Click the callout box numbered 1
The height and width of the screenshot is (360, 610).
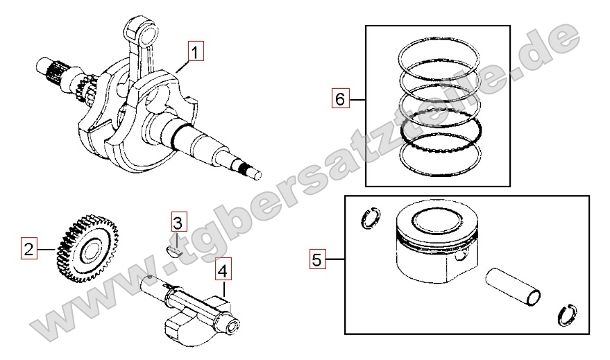click(x=196, y=52)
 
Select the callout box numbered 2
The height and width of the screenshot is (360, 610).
click(x=28, y=249)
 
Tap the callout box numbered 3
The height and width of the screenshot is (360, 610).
click(x=178, y=223)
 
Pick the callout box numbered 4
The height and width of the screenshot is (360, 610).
click(x=223, y=271)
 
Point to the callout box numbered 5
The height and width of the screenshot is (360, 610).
click(x=317, y=259)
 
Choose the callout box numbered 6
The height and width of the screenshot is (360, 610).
click(x=341, y=98)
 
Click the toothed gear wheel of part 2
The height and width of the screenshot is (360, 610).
click(x=87, y=248)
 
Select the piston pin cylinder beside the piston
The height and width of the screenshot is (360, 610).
click(x=513, y=287)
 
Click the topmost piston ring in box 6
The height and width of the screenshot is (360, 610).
click(x=439, y=54)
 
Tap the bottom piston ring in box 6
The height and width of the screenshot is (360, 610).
click(x=441, y=155)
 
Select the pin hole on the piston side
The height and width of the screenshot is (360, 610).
click(x=461, y=257)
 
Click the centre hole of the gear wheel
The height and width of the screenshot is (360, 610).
click(x=89, y=250)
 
